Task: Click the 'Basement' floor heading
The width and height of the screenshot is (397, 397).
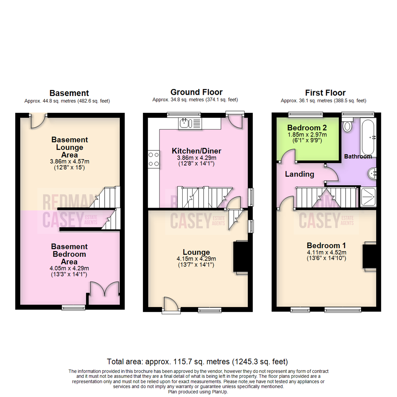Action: click(x=69, y=93)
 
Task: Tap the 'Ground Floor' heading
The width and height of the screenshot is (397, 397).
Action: click(x=196, y=92)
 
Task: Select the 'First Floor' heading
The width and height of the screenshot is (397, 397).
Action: click(x=325, y=93)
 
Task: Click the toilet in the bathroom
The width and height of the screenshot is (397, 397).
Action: click(x=347, y=126)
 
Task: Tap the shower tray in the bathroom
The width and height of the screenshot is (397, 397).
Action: click(x=367, y=197)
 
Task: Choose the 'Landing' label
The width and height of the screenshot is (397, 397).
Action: click(x=300, y=174)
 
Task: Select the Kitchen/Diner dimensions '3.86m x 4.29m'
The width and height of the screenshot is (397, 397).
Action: click(x=196, y=158)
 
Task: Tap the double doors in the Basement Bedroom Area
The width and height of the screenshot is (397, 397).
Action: click(x=105, y=289)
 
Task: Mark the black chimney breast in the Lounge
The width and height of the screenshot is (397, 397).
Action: click(x=240, y=257)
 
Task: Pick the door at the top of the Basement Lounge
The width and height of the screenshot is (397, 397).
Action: click(x=38, y=121)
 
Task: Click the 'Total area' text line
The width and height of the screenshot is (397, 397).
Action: click(x=197, y=361)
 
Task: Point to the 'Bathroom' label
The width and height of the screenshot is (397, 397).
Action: click(x=358, y=156)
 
